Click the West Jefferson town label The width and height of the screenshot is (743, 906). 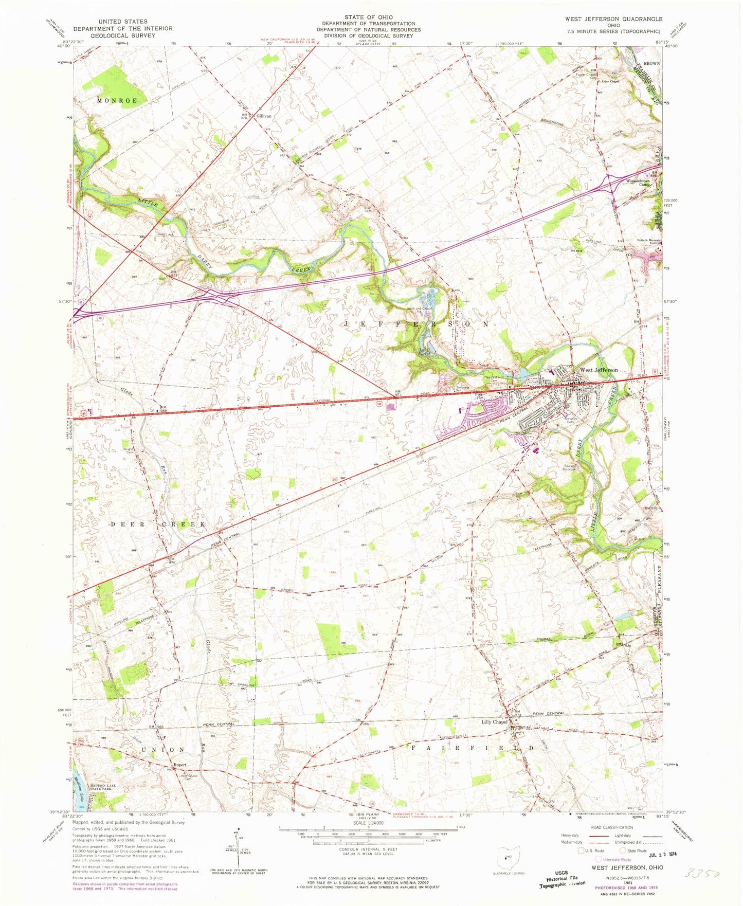(599, 370)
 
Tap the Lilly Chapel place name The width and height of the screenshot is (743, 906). (494, 722)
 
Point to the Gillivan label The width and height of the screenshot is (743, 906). (263, 117)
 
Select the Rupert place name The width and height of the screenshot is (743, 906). (179, 765)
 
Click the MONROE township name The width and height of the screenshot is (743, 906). (117, 101)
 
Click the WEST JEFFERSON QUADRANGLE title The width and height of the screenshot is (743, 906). (613, 19)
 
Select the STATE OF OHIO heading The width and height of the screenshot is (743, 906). (368, 17)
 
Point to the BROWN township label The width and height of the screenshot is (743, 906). (651, 63)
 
